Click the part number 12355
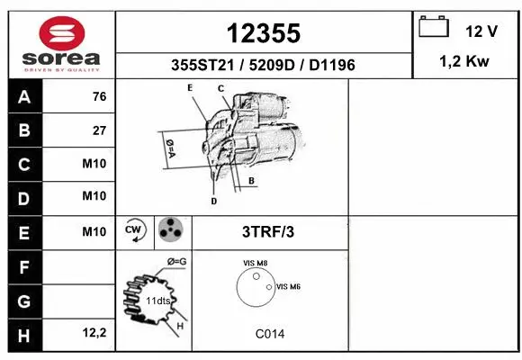tap(263, 33)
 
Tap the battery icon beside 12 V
tap(434, 28)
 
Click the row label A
tap(23, 96)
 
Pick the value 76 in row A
tap(99, 96)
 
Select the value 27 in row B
tap(99, 130)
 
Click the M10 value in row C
tap(94, 164)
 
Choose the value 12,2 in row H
tap(94, 334)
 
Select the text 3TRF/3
tap(268, 231)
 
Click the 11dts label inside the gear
tap(158, 300)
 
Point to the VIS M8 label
tap(255, 263)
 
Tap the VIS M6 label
tap(288, 286)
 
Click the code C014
tap(269, 333)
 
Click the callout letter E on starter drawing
tap(190, 87)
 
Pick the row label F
tap(23, 266)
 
